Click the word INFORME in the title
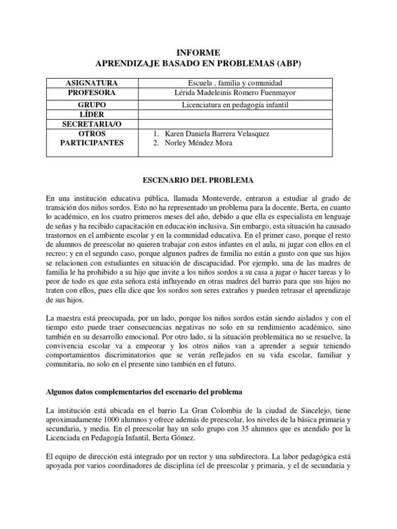198,53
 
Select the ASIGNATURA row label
92,83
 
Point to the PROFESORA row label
92,93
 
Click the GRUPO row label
92,105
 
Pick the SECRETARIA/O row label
92,124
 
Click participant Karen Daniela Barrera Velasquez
217,134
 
